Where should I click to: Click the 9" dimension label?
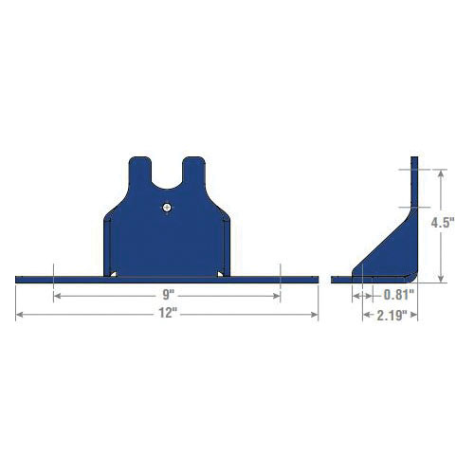(169, 295)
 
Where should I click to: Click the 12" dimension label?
(168, 313)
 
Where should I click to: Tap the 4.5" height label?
(443, 223)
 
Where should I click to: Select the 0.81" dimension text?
(399, 295)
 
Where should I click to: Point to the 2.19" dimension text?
(392, 315)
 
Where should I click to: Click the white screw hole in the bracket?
(167, 208)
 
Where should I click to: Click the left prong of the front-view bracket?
(140, 171)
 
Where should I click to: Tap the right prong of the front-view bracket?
(193, 171)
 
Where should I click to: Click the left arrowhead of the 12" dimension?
(19, 315)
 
